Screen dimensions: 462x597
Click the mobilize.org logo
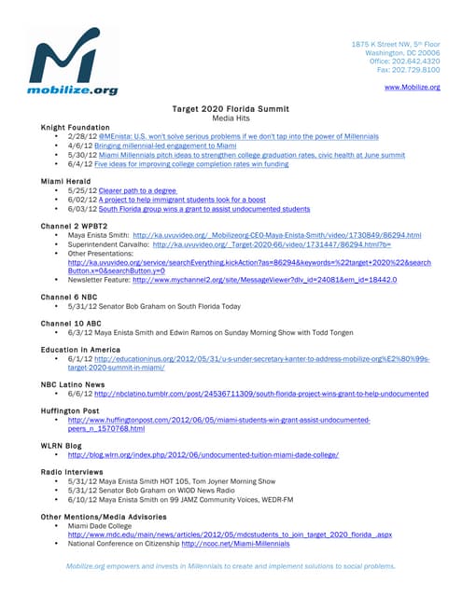(x=75, y=63)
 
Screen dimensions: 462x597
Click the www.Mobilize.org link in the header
(x=412, y=87)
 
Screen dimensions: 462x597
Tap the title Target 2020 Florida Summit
(x=231, y=109)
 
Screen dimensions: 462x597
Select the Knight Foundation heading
(x=76, y=127)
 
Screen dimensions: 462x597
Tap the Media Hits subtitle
(x=231, y=118)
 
